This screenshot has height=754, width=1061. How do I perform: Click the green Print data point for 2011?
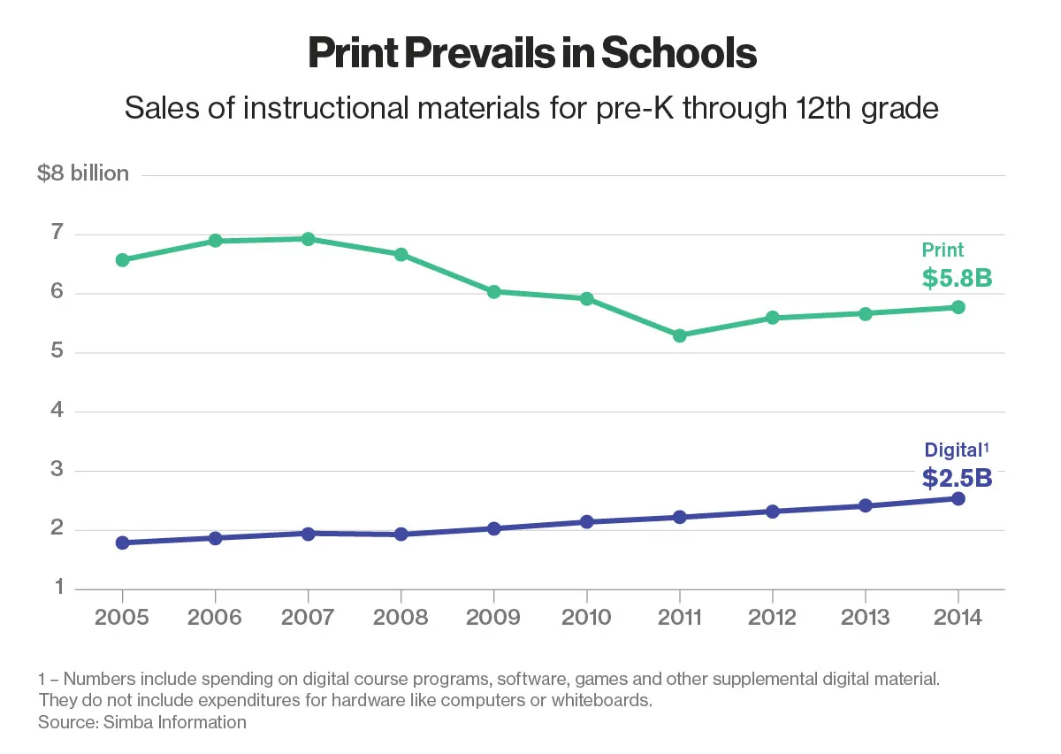(x=679, y=335)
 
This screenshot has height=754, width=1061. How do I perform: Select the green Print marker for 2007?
(x=308, y=239)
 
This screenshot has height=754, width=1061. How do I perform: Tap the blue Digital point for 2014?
(x=958, y=498)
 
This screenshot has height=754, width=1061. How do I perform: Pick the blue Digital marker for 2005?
(x=122, y=542)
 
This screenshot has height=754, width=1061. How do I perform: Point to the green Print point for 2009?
(x=493, y=291)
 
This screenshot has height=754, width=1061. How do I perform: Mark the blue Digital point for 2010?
(x=586, y=522)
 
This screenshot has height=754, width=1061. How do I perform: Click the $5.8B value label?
(x=957, y=279)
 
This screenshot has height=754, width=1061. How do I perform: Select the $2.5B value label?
(x=957, y=478)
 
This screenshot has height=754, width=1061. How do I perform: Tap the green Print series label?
(x=943, y=250)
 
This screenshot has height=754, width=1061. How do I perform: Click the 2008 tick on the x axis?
(x=401, y=617)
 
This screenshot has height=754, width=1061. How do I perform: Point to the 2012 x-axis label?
(x=772, y=617)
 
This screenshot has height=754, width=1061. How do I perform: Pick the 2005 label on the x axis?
(x=122, y=617)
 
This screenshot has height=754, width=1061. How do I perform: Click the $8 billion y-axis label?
(x=83, y=173)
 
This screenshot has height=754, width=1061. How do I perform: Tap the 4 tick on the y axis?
(x=57, y=411)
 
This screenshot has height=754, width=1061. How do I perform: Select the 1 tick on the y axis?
(x=57, y=588)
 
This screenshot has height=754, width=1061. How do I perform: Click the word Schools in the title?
(x=679, y=54)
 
